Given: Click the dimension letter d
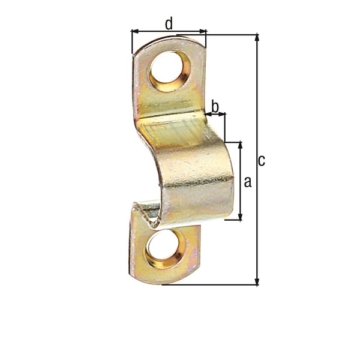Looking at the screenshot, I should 169,23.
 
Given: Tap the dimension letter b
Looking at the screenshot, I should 215,106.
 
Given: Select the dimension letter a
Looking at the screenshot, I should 248,181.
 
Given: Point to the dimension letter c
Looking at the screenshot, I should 261,160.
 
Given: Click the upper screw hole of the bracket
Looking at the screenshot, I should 169,70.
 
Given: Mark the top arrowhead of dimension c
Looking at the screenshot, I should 257,38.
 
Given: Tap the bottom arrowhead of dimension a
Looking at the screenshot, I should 241,217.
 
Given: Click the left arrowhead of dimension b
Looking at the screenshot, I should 208,113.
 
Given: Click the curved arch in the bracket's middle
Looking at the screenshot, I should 192,162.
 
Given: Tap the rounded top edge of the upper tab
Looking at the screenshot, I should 168,40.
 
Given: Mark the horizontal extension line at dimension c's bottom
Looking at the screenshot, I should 210,285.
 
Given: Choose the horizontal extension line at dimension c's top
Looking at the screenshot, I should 231,34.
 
